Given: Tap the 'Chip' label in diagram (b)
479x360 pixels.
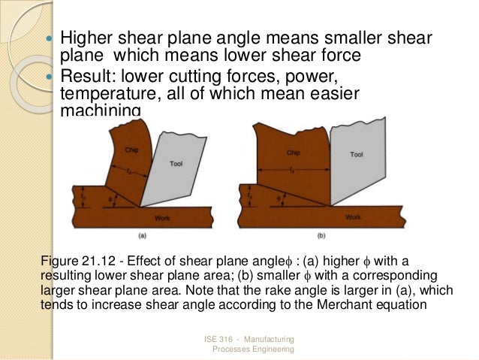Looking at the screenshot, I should [294, 152].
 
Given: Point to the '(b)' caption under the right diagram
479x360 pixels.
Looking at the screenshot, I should [320, 236].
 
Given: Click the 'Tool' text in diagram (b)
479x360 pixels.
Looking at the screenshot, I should [356, 154].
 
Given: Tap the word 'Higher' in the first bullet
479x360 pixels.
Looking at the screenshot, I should [83, 38].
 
